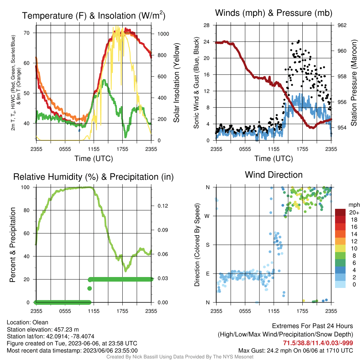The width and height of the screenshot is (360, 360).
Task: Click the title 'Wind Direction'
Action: (x=274, y=175)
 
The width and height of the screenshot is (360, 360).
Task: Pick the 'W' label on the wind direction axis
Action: (x=207, y=216)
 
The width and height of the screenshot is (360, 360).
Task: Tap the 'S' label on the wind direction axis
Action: (x=207, y=245)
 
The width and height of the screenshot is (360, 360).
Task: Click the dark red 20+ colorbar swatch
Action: (x=340, y=212)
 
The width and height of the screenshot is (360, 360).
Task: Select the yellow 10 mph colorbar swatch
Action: (x=340, y=248)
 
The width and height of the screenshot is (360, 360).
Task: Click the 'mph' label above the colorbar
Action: (x=354, y=205)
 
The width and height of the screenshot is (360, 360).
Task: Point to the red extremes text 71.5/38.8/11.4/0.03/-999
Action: (x=318, y=343)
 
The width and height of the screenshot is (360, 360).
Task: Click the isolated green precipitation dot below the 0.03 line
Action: (x=90, y=288)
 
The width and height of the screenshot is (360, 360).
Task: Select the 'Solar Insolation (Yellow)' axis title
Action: (x=176, y=83)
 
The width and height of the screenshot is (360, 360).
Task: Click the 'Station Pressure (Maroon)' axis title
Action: (x=354, y=83)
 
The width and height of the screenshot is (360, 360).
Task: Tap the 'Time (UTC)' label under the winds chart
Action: (x=274, y=159)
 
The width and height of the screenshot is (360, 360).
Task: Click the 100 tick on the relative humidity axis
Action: (x=25, y=187)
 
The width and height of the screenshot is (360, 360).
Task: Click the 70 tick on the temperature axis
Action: (x=27, y=33)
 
